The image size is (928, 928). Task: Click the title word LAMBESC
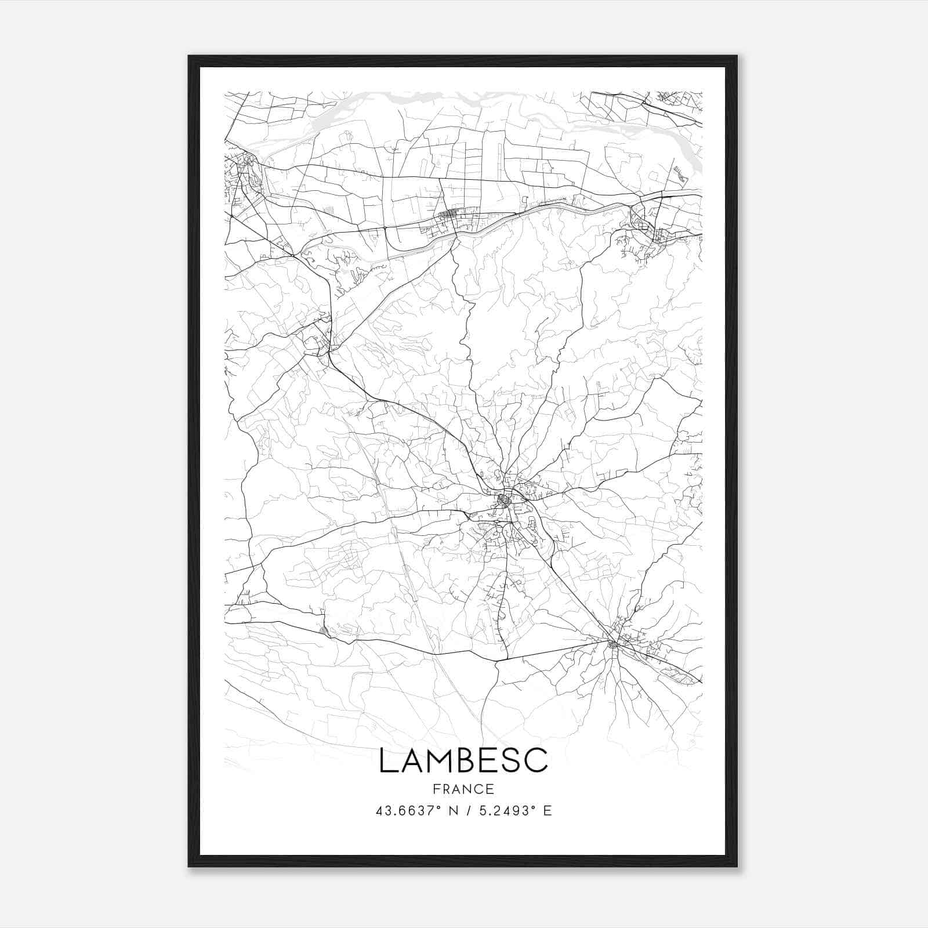[x=463, y=760]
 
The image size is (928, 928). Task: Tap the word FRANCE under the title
[x=463, y=789]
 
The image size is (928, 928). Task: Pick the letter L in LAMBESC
[x=387, y=760]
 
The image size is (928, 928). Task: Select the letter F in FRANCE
[x=436, y=789]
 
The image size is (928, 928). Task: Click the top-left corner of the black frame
[x=190, y=57]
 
